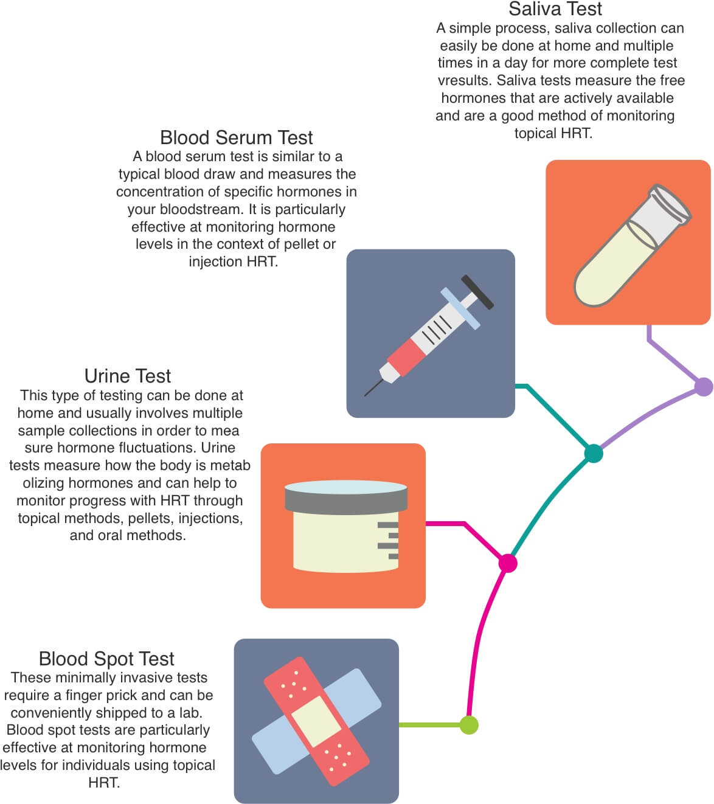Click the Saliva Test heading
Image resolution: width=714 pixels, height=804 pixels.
[x=555, y=9]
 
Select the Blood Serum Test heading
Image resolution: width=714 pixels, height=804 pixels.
[x=237, y=137]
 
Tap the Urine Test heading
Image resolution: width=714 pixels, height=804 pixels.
[x=128, y=376]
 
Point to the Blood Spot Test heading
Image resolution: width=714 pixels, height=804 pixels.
[x=106, y=659]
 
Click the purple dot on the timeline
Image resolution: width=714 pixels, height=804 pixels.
[x=704, y=387]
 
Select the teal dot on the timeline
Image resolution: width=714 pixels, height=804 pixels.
[x=594, y=453]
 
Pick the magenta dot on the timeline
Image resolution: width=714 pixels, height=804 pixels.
[x=508, y=563]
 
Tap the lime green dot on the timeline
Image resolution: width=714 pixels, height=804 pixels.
[x=469, y=725]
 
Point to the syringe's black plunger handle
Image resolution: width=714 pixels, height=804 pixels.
[x=477, y=292]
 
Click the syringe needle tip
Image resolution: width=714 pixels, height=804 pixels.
[x=366, y=395]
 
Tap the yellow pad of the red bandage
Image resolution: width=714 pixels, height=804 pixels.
[x=316, y=721]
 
